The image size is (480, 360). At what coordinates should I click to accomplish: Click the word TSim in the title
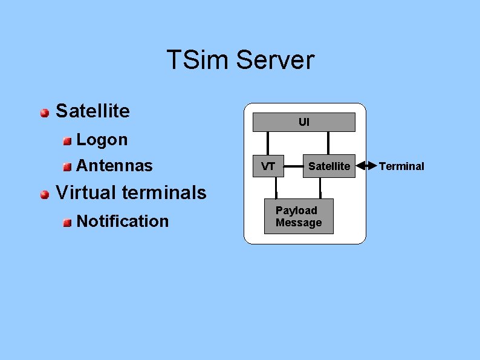[197, 61]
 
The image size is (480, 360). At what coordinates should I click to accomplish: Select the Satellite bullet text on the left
[92, 111]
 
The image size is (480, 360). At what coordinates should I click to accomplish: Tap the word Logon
[102, 140]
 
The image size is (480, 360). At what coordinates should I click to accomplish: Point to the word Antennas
[115, 165]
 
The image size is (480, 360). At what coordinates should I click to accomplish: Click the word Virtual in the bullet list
[86, 193]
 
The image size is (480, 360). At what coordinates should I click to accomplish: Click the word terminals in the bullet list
[164, 193]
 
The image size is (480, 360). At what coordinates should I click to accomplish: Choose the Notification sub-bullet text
[123, 221]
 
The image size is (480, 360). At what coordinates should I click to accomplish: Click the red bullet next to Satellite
[45, 113]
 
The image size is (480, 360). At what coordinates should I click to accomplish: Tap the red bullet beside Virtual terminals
[45, 194]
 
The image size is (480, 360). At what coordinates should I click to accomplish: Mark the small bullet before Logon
[67, 141]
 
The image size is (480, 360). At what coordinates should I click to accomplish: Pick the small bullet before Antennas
[67, 166]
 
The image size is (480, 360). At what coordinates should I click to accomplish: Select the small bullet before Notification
[67, 223]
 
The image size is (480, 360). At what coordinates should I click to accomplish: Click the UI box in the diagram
[303, 122]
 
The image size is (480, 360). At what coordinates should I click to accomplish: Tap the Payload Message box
[299, 217]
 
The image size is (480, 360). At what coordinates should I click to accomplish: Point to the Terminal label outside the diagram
[401, 166]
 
